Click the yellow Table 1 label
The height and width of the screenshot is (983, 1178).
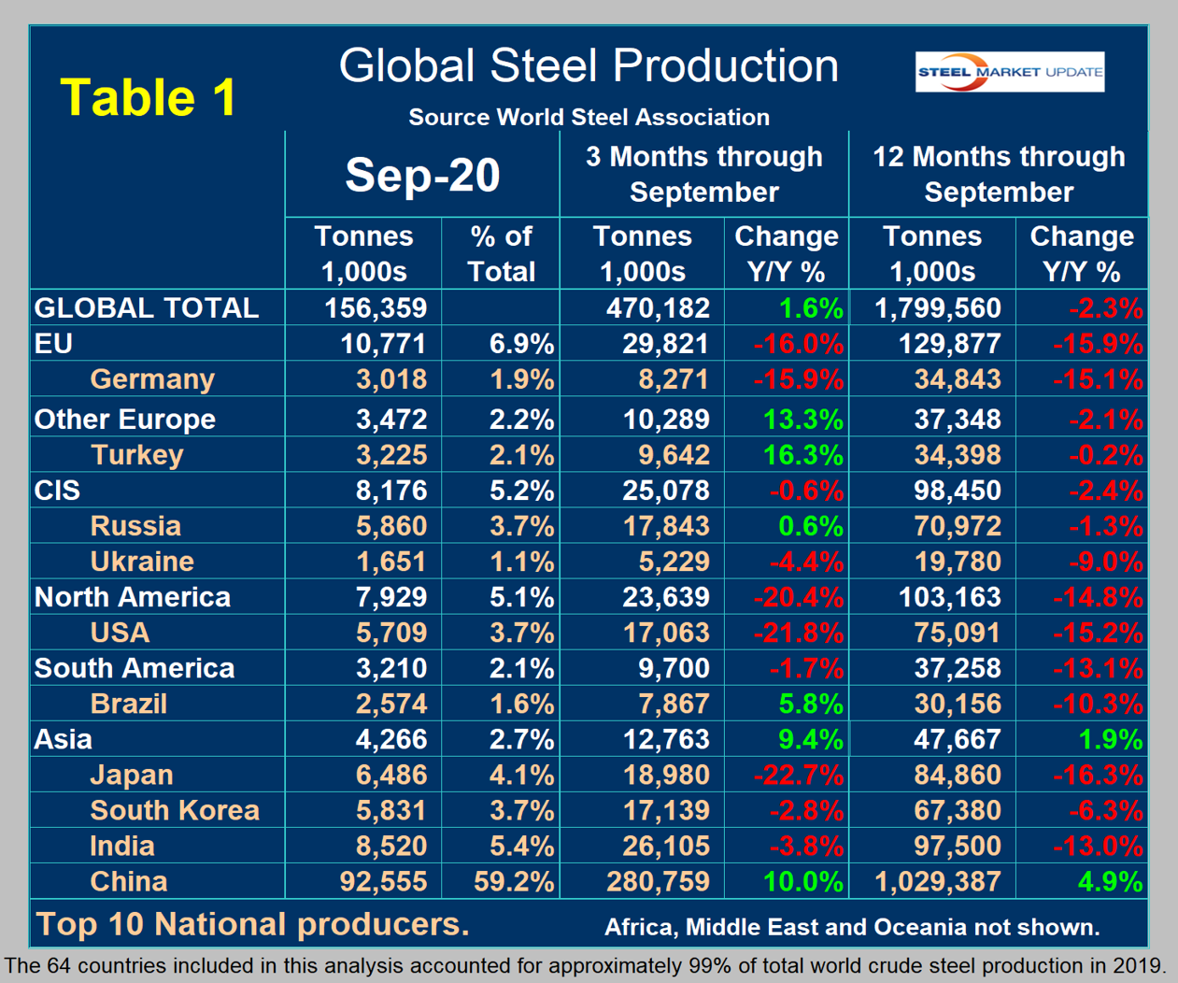(x=148, y=97)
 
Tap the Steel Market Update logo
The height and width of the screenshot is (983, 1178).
(x=1009, y=72)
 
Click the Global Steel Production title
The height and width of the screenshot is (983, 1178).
(x=589, y=66)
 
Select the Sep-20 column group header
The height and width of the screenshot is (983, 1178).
(x=422, y=175)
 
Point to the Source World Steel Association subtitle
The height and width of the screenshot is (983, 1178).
(x=589, y=118)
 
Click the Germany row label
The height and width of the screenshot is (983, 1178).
(x=152, y=379)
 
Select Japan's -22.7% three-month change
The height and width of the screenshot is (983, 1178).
(x=799, y=775)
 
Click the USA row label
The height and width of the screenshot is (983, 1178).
(x=120, y=633)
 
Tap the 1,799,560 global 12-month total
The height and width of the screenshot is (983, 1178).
(x=938, y=307)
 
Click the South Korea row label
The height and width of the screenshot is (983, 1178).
(x=175, y=810)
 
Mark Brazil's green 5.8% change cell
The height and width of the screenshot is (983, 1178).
(x=810, y=704)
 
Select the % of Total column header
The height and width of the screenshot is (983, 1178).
(x=501, y=254)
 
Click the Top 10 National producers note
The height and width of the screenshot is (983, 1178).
(x=252, y=924)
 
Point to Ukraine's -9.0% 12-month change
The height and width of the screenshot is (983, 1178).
(x=1105, y=562)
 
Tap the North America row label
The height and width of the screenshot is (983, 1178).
(x=132, y=597)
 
